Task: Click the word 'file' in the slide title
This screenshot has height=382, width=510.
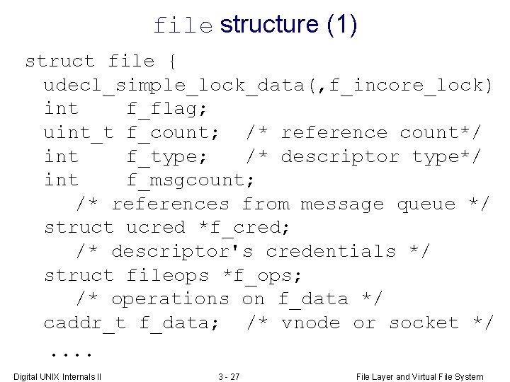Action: (x=183, y=26)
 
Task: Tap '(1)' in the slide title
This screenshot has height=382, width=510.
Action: (x=341, y=25)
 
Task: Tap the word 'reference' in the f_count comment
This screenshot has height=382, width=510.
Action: (x=334, y=133)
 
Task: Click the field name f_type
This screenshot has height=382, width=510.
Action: (x=167, y=156)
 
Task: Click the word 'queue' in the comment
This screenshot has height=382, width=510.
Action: (x=426, y=204)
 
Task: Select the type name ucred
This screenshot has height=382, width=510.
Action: (x=155, y=228)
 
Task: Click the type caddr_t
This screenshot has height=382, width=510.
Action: (x=84, y=323)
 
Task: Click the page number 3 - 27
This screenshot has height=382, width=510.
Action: (x=229, y=376)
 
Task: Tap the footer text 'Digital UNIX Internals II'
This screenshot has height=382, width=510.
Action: (x=58, y=376)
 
